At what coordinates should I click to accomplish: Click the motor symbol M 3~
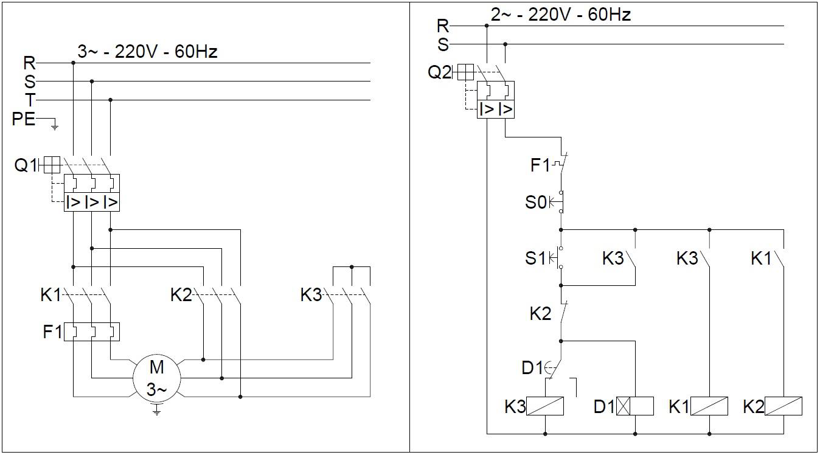[156, 378]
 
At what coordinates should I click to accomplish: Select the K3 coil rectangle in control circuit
[544, 406]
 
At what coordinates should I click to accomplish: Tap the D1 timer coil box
[634, 406]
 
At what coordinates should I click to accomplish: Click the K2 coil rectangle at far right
[783, 406]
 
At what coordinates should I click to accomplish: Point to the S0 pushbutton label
[536, 202]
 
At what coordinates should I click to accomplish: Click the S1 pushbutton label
[536, 259]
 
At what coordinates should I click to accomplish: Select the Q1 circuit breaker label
[26, 165]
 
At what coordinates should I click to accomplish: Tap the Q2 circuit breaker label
[440, 72]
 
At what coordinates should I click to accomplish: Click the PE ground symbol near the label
[54, 126]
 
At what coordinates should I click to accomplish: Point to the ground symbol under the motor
[156, 411]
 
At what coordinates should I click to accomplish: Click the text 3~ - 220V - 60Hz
[147, 52]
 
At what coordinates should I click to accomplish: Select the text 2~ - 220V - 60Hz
[560, 15]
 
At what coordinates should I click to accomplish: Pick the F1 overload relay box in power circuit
[92, 332]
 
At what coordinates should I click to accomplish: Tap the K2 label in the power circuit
[181, 296]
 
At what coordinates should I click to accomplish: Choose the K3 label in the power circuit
[311, 296]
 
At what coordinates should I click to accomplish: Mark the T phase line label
[30, 100]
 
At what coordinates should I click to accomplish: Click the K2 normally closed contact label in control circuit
[540, 314]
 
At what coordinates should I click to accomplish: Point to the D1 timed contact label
[532, 367]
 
